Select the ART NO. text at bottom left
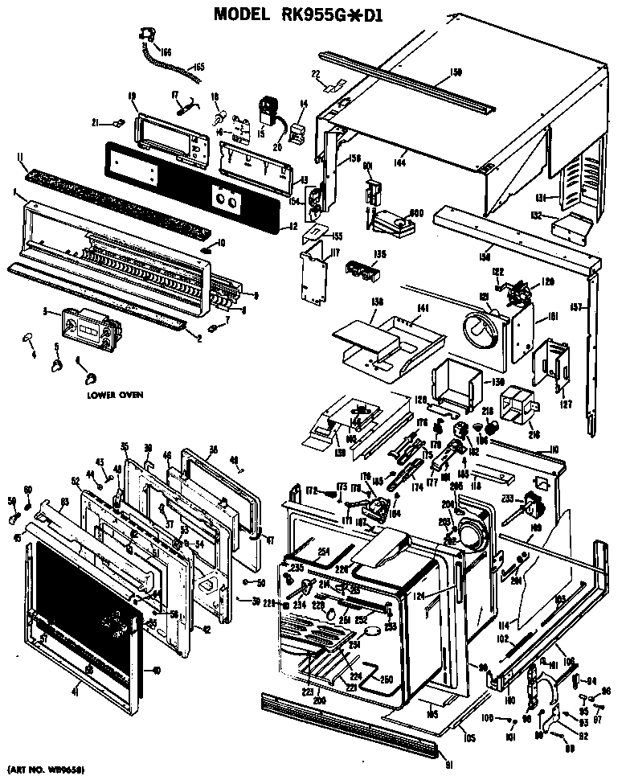(46, 770)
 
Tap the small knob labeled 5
(58, 366)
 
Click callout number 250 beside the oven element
(387, 679)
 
